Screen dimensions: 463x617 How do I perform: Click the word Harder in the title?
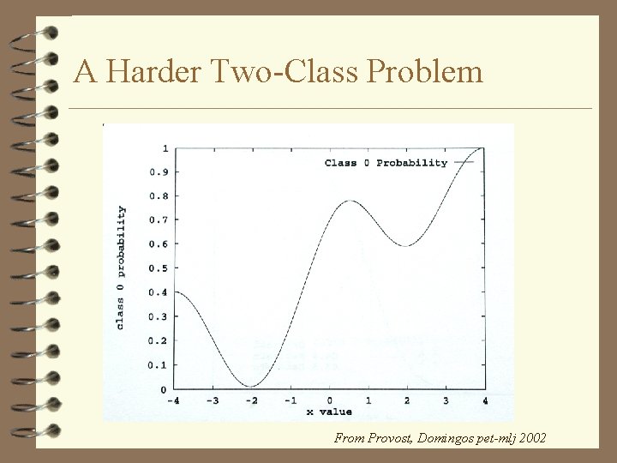152,72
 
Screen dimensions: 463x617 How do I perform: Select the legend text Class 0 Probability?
386,163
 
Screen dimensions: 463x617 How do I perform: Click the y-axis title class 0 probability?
121,268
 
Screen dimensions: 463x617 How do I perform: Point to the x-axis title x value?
330,413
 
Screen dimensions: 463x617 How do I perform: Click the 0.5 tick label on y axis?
159,268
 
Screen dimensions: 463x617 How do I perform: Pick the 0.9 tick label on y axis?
159,172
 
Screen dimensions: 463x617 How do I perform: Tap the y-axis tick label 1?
165,148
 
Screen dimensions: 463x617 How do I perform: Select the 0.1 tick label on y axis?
159,365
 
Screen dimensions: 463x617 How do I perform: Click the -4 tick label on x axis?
175,400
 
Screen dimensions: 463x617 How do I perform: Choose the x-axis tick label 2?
408,400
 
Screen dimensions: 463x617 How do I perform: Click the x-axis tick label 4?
485,400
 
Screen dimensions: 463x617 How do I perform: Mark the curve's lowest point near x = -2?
249,386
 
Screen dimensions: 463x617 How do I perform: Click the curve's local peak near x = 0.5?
350,201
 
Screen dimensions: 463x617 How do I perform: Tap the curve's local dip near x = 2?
407,246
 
